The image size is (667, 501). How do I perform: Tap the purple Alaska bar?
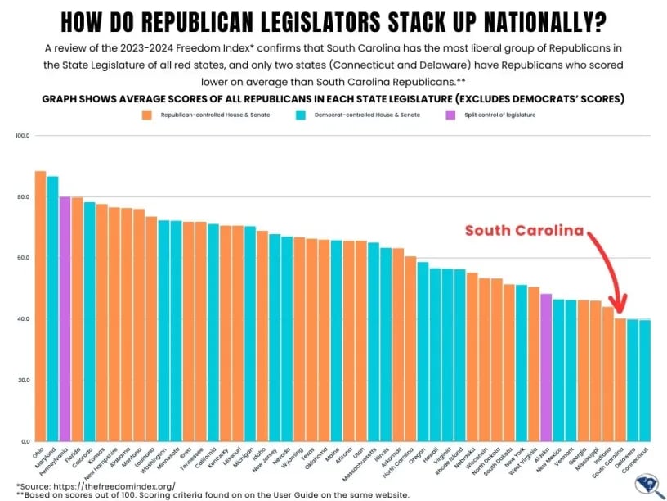tap(546, 368)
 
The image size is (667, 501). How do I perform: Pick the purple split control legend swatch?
tap(472, 115)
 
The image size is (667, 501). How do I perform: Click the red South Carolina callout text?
tap(525, 231)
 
